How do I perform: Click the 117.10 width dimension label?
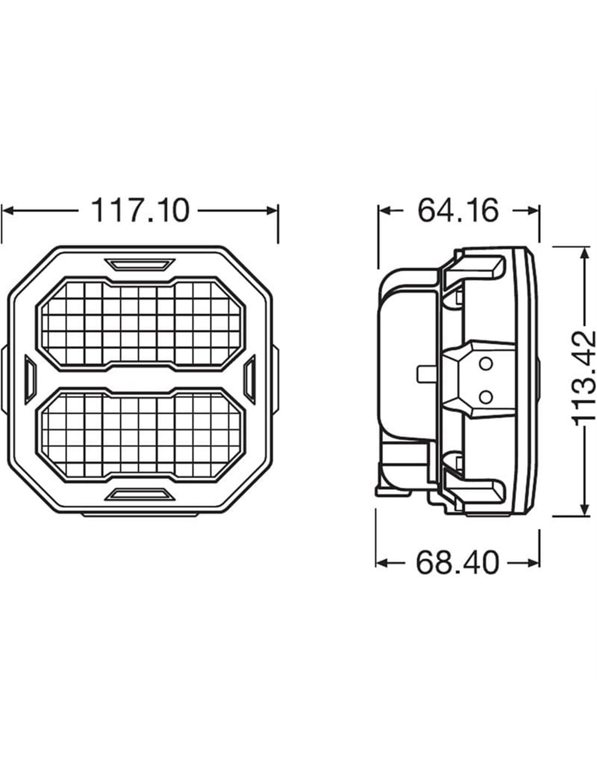click(140, 211)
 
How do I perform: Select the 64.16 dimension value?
click(458, 211)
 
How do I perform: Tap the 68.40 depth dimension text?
click(458, 563)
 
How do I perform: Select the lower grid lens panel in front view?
click(140, 435)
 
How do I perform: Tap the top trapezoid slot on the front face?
click(139, 264)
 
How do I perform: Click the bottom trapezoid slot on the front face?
click(139, 494)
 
